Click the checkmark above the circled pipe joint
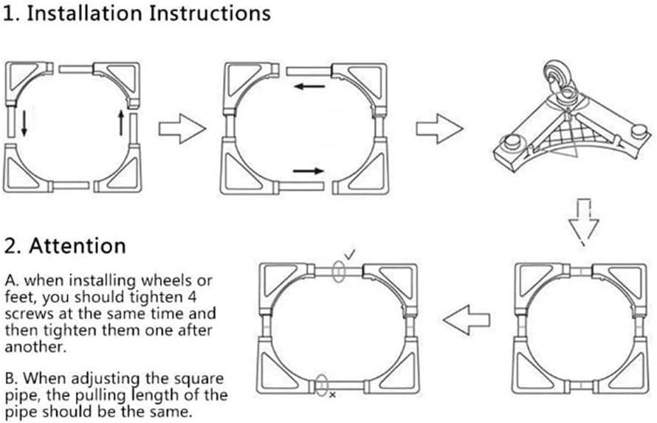(350, 255)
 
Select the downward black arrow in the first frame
(24, 123)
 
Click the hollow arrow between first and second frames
(182, 129)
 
